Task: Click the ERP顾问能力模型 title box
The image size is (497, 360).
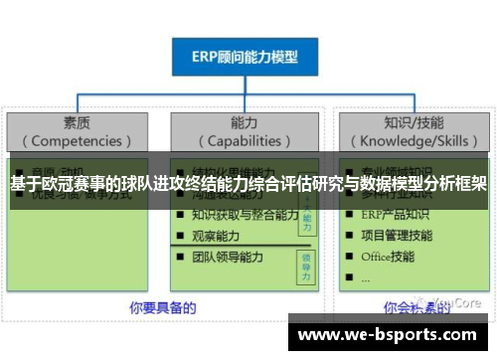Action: tap(245, 57)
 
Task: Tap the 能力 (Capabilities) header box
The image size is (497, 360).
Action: tap(245, 131)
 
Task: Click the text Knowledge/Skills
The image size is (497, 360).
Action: tap(413, 140)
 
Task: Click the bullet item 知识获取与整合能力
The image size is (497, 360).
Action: tap(245, 215)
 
